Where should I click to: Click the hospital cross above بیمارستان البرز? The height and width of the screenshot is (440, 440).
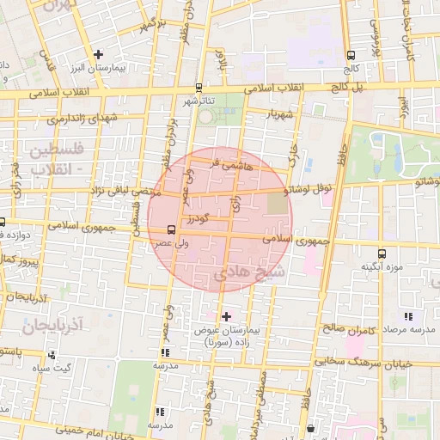[x=99, y=55]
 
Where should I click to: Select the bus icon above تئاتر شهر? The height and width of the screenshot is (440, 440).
[x=199, y=87]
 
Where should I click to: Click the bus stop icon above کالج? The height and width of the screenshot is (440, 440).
[x=350, y=54]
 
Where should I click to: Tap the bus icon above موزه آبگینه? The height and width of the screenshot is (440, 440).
[x=382, y=254]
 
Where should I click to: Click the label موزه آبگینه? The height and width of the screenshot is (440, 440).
[x=382, y=266]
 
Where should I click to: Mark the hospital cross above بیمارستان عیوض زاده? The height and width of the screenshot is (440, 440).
[x=226, y=316]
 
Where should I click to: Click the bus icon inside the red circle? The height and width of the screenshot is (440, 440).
[x=171, y=229]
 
